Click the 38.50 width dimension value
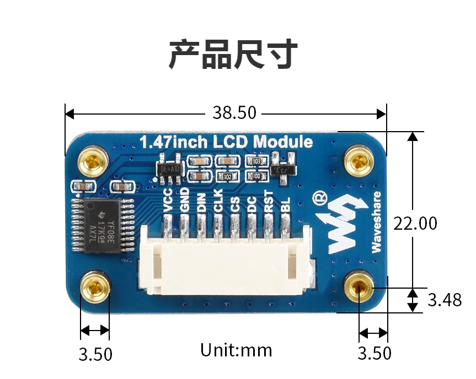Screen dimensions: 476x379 pyautogui.click(x=234, y=113)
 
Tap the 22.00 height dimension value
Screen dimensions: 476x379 pyautogui.click(x=415, y=223)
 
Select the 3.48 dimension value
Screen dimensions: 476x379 pyautogui.click(x=444, y=300)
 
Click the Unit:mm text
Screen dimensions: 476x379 pyautogui.click(x=236, y=350)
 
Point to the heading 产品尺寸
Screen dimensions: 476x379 pyautogui.click(x=233, y=55)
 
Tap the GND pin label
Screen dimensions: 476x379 pyautogui.click(x=185, y=201)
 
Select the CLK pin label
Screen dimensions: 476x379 pyautogui.click(x=218, y=201)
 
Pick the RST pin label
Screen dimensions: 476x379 pyautogui.click(x=269, y=201)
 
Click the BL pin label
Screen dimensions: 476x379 pyautogui.click(x=285, y=205)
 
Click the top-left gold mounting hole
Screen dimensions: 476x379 pyautogui.click(x=93, y=161)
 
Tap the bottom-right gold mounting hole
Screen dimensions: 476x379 pyautogui.click(x=360, y=286)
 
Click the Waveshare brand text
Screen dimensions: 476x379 pyautogui.click(x=377, y=223)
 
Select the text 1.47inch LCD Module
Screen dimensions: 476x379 pyautogui.click(x=226, y=142)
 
